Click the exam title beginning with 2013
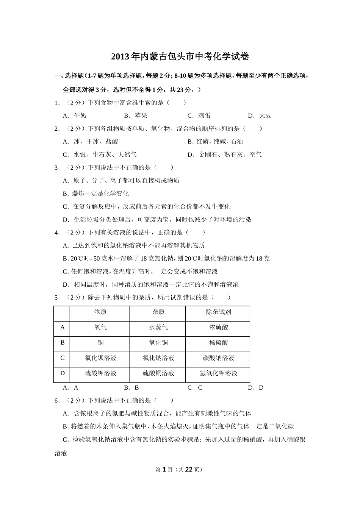tap(180, 57)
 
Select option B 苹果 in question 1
tap(136, 116)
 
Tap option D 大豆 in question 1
tap(260, 116)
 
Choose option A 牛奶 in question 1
tap(75, 116)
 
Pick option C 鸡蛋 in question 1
tap(199, 116)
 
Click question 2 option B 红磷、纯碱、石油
tap(215, 141)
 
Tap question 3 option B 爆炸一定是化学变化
tap(96, 194)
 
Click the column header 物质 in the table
tap(100, 312)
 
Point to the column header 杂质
tap(158, 312)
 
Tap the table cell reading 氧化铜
tap(158, 343)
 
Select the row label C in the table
tap(63, 358)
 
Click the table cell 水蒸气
tap(158, 327)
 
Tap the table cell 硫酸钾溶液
tap(100, 373)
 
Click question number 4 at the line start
tap(56, 233)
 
